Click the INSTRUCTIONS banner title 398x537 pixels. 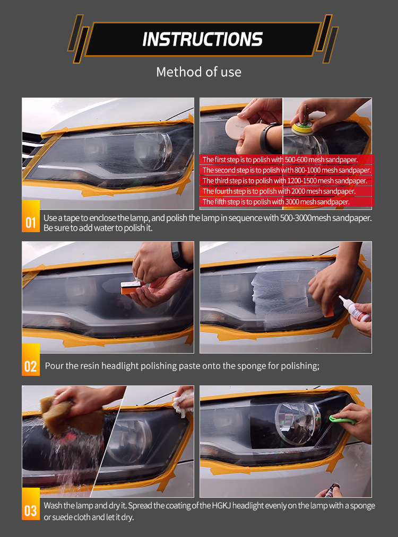click(202, 39)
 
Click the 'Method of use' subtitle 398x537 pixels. click(198, 72)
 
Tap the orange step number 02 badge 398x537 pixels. click(30, 366)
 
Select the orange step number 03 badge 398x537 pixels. click(30, 510)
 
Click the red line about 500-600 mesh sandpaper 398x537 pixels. click(280, 160)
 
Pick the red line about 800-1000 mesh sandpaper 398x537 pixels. click(287, 170)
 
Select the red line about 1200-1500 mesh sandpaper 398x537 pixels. click(284, 181)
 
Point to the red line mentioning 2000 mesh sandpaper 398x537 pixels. click(279, 191)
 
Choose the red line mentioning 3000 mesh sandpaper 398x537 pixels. click(275, 202)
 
